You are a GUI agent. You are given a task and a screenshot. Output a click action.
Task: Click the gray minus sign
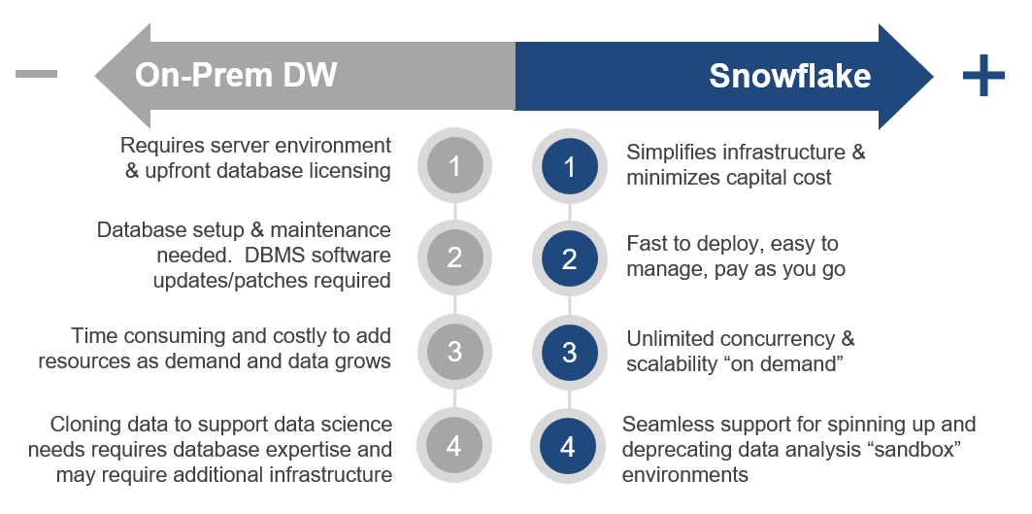(36, 75)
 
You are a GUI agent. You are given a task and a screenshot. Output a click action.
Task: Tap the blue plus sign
(983, 75)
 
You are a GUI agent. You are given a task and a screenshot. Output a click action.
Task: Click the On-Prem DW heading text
(236, 75)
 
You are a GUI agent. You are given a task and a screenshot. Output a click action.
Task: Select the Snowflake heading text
(790, 76)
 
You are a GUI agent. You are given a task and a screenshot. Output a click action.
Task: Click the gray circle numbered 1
(454, 166)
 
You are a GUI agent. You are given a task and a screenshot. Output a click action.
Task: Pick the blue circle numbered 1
(569, 166)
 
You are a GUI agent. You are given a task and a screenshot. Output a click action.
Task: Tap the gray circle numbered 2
(454, 257)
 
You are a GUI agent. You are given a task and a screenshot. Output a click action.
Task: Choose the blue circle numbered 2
(569, 257)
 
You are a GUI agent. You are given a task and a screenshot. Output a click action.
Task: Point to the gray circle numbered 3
(454, 351)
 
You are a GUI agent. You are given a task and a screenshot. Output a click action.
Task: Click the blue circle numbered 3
(569, 351)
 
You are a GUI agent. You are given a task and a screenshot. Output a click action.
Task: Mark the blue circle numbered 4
(567, 446)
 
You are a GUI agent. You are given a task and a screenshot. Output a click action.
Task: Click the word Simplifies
(671, 153)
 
